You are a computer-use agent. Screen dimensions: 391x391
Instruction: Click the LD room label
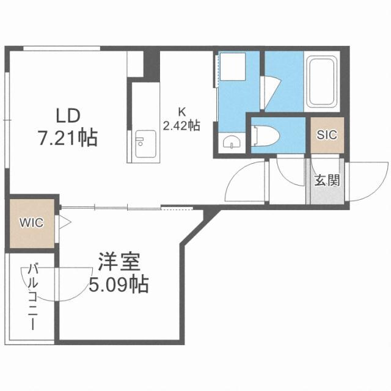click(x=69, y=115)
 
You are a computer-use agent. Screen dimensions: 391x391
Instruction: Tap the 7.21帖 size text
click(x=69, y=138)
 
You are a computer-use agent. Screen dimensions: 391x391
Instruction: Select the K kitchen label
click(x=181, y=112)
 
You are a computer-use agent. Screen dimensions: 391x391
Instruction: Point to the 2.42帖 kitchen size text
click(x=181, y=126)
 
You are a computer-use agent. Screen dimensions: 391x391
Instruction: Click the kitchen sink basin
click(x=141, y=145)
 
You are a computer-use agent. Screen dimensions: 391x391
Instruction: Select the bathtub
click(x=324, y=82)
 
